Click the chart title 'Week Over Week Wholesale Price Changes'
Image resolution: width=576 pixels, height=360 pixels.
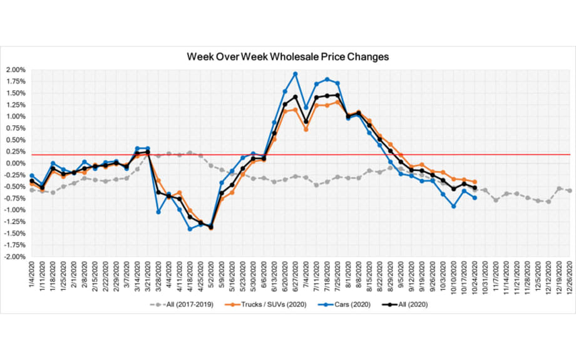click(x=288, y=56)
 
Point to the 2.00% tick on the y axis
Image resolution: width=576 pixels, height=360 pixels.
click(x=15, y=70)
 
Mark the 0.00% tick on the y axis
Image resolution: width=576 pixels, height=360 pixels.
click(x=15, y=163)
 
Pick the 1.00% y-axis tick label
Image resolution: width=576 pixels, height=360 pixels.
click(x=15, y=116)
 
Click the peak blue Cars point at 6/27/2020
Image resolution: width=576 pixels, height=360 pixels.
click(x=296, y=74)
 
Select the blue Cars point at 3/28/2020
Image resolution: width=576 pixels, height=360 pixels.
click(x=158, y=212)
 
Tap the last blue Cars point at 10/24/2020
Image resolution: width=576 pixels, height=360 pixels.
click(x=475, y=198)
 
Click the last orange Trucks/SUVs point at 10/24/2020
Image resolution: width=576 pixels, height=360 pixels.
click(x=475, y=182)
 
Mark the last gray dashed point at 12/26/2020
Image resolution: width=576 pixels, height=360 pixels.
click(x=569, y=190)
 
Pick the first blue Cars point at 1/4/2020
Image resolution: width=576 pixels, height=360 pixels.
click(x=32, y=175)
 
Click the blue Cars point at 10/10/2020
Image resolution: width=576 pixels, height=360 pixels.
click(x=453, y=206)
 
